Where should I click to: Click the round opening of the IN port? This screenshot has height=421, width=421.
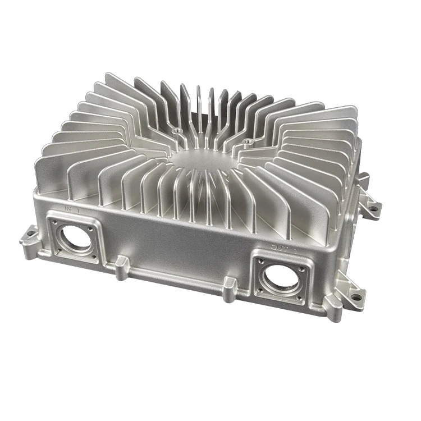77,236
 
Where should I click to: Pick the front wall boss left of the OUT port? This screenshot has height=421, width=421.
228,287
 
